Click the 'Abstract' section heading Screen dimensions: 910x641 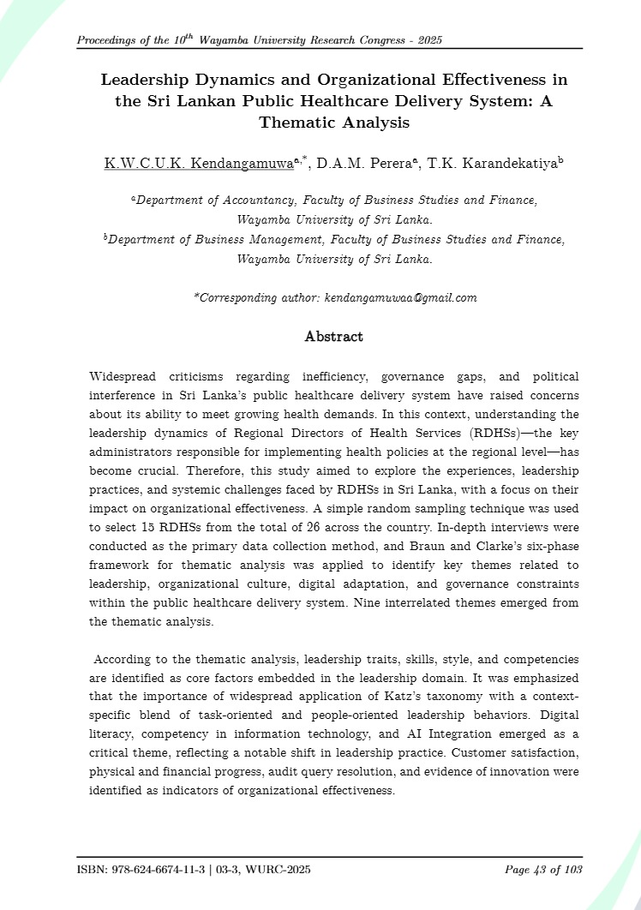tap(333, 337)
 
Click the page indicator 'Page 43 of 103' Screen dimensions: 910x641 tap(543, 870)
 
